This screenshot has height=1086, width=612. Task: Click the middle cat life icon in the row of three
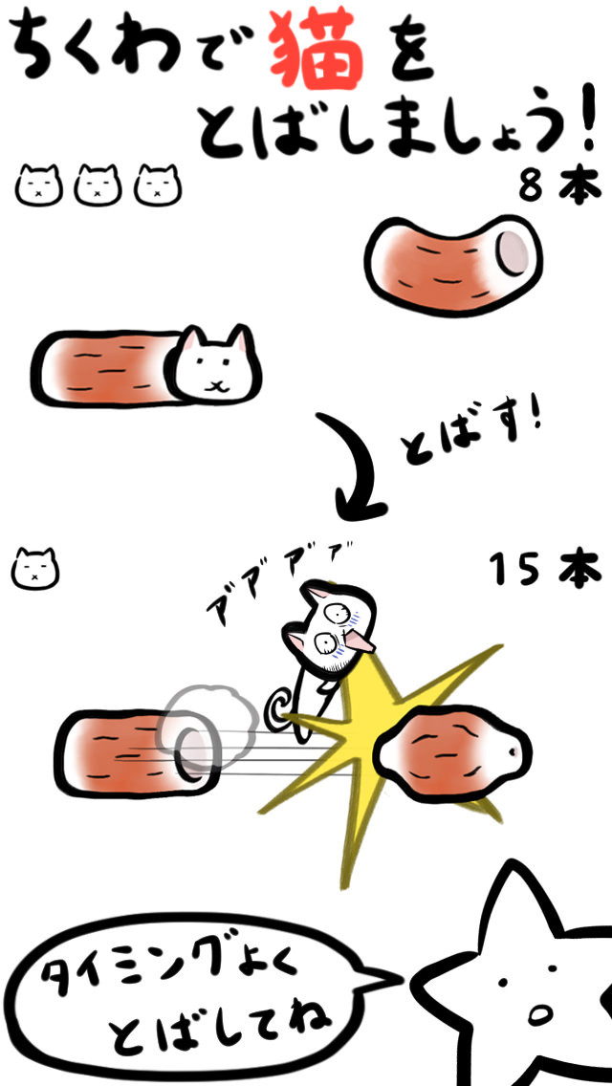click(x=98, y=185)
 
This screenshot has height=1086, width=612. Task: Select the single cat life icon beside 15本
click(x=35, y=569)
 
